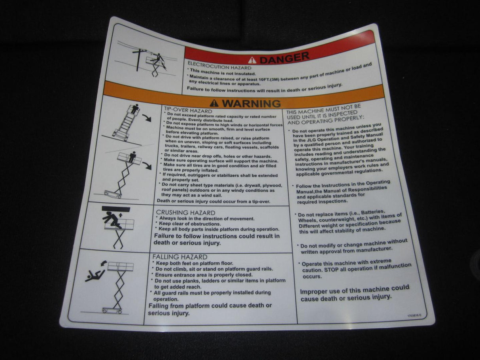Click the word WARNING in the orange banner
(x=251, y=103)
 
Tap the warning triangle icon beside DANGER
(x=252, y=60)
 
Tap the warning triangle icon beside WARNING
(x=214, y=103)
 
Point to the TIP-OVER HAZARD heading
(x=188, y=111)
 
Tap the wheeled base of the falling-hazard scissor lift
(x=112, y=310)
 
